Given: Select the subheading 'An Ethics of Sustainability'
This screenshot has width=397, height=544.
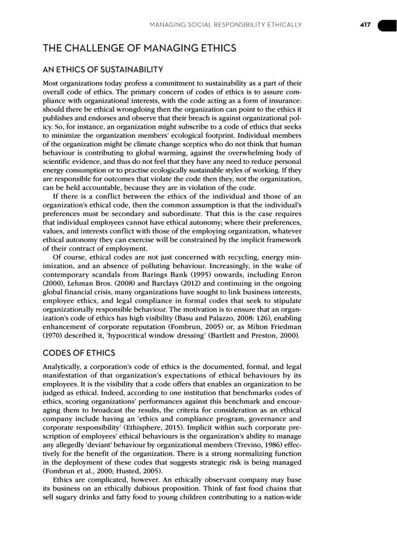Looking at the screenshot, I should (x=103, y=70).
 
